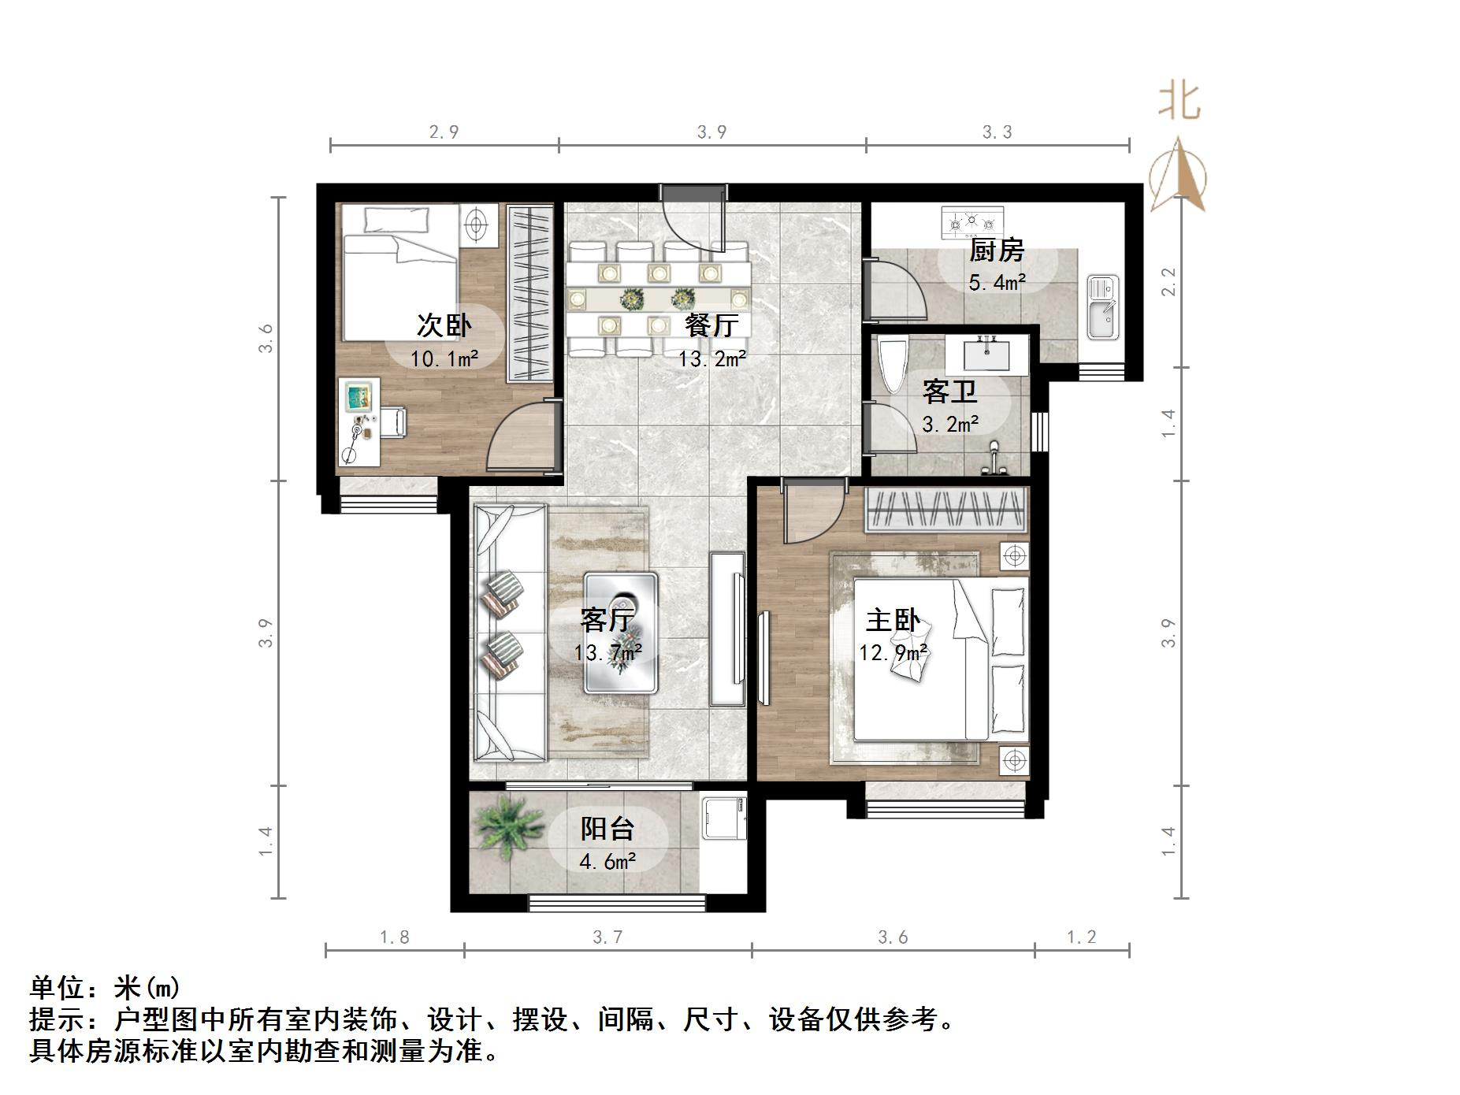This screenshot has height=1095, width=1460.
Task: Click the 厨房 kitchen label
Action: click(997, 251)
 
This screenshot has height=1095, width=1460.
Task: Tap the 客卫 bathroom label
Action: click(949, 392)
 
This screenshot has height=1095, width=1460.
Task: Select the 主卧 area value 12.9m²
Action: click(893, 653)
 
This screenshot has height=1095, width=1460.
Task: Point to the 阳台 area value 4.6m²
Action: click(607, 862)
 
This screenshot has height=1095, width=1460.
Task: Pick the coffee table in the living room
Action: click(621, 633)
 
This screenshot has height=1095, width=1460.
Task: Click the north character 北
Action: click(1178, 102)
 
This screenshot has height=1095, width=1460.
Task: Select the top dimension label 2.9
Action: click(444, 132)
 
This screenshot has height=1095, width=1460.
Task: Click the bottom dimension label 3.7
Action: click(607, 937)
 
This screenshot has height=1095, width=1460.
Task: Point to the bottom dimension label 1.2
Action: click(1081, 937)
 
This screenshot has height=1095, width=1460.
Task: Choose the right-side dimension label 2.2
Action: click(1168, 281)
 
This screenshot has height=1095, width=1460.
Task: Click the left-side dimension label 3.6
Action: click(266, 338)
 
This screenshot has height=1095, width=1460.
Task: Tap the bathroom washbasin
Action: click(987, 353)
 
